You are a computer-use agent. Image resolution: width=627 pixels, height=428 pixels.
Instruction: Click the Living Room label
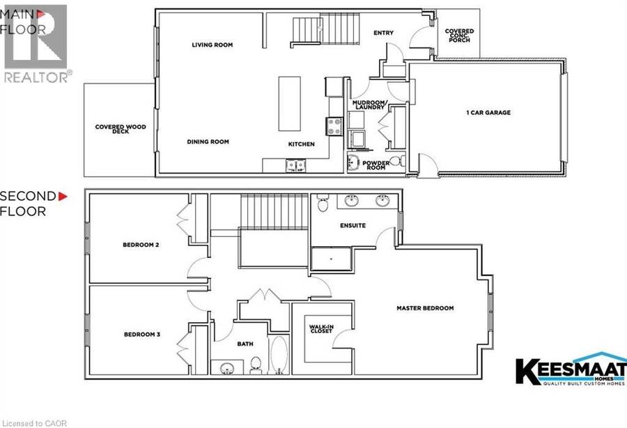click(x=212, y=45)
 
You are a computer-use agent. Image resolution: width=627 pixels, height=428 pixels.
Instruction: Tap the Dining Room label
click(x=208, y=142)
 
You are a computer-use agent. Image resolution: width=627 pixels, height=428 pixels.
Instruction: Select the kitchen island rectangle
click(x=290, y=104)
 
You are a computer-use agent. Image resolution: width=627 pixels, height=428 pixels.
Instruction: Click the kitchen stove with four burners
click(x=334, y=126)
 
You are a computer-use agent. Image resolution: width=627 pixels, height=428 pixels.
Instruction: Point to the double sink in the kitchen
click(x=296, y=165)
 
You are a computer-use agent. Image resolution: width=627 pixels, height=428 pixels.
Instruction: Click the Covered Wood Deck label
click(x=121, y=129)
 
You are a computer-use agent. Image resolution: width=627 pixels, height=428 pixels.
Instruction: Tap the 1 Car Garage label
click(x=488, y=113)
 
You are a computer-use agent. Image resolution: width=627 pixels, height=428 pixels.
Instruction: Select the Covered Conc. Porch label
click(x=460, y=35)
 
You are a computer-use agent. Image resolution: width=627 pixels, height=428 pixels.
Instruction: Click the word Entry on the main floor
click(x=383, y=33)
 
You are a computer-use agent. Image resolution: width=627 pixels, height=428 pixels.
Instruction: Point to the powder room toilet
click(x=396, y=161)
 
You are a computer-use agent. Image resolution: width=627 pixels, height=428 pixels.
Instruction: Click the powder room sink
click(x=354, y=162)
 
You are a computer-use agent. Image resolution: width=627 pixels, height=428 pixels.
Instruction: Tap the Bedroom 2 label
click(x=141, y=245)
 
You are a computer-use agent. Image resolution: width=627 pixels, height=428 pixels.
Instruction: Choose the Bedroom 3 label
click(x=142, y=335)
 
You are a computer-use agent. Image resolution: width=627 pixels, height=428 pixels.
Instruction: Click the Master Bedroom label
click(x=425, y=308)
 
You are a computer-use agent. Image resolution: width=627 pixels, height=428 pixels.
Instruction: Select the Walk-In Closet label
click(x=321, y=329)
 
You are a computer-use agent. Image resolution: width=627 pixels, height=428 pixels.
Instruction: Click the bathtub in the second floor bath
click(x=279, y=355)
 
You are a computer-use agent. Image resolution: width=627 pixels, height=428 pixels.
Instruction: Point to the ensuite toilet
click(x=323, y=204)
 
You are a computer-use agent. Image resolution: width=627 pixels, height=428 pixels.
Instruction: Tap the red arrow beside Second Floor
click(x=63, y=197)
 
